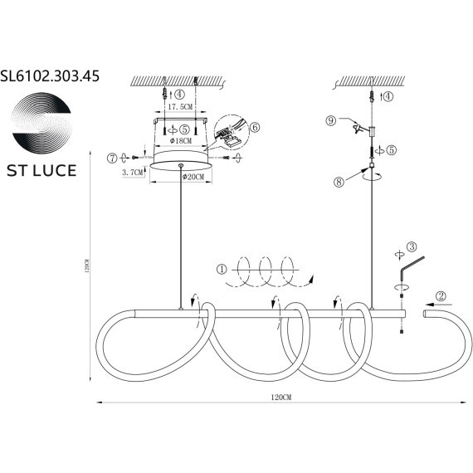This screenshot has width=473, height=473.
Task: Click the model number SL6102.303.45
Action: coord(51,76)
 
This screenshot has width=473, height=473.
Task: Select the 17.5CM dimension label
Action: coord(181,107)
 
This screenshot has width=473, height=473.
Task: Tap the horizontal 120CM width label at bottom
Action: coord(282,398)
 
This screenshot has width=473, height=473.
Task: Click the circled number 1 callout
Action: coord(221,269)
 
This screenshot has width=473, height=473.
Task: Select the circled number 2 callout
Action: coord(441,295)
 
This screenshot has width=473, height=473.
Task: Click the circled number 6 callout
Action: coord(255,128)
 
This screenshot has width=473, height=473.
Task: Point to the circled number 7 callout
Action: coord(112,157)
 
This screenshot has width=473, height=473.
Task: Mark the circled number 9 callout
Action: coord(330,120)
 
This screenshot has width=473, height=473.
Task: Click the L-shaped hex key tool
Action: coord(407,267)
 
